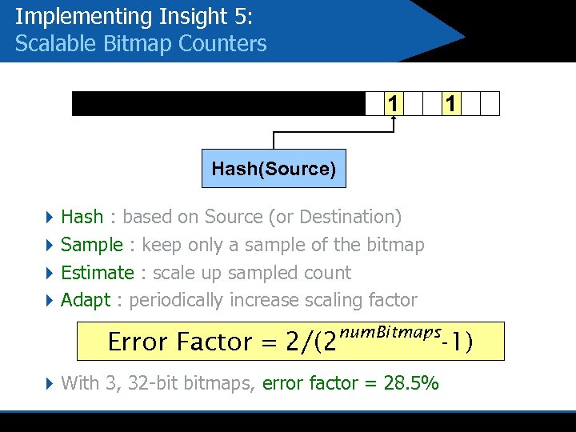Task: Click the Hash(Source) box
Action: click(274, 169)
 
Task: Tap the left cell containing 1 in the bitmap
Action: click(393, 104)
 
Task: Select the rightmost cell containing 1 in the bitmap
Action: click(451, 104)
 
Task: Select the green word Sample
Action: click(91, 245)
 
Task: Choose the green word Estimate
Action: click(98, 273)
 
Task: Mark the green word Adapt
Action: click(86, 301)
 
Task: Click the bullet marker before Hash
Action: click(50, 217)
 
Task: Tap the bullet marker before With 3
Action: click(50, 383)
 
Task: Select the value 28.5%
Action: click(411, 383)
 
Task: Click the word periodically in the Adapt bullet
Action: click(177, 301)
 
